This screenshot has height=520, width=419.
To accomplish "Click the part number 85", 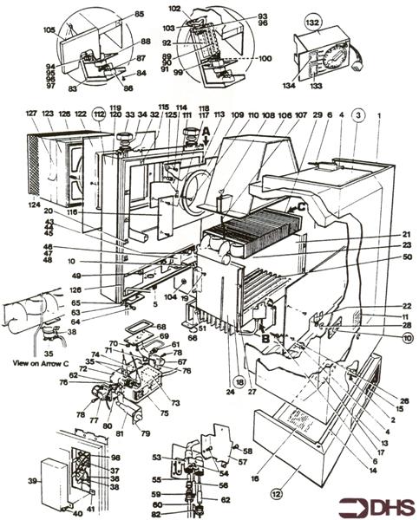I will click(139, 15).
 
